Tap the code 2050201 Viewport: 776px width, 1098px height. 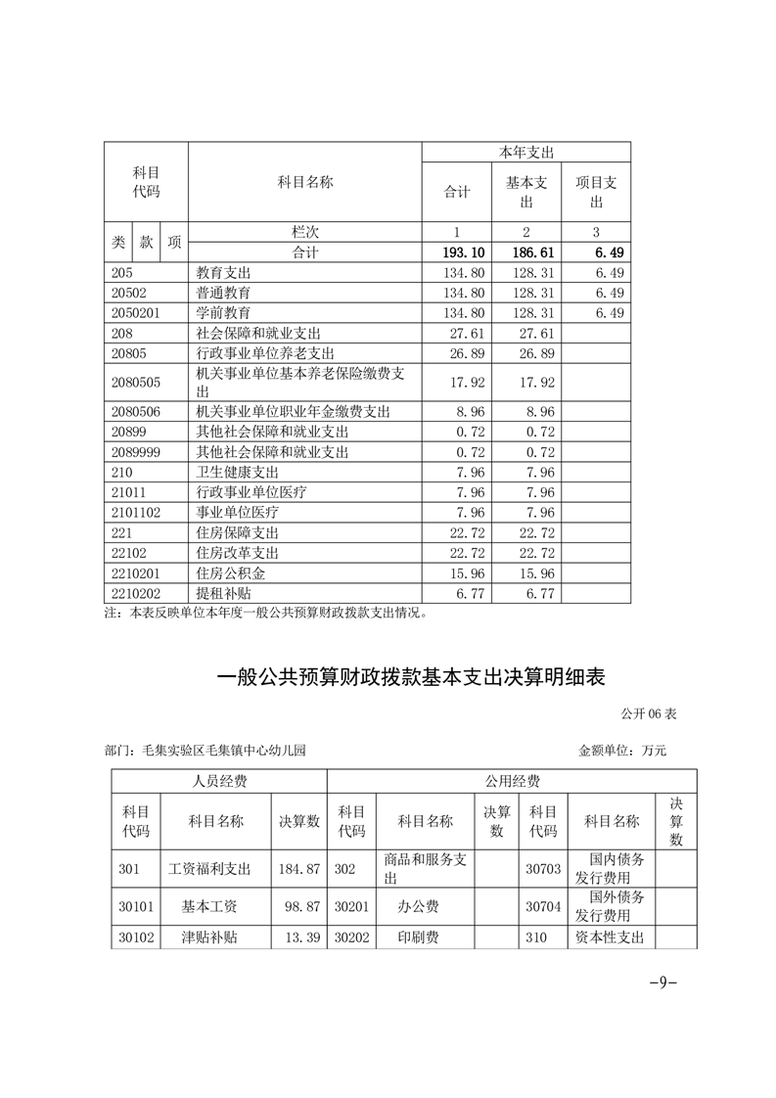click(136, 312)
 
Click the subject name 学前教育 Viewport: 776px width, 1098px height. click(223, 312)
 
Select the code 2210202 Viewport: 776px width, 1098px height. click(136, 592)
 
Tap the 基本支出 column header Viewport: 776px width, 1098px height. click(526, 192)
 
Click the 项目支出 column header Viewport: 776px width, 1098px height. click(596, 192)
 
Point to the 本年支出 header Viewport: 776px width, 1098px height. click(526, 153)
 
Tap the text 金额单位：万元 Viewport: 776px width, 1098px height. click(622, 752)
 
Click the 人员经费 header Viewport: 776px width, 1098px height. click(218, 782)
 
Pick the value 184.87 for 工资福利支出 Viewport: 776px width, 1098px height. click(299, 868)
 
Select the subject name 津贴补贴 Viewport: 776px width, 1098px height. click(209, 937)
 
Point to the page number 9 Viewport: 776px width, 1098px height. click(662, 983)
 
